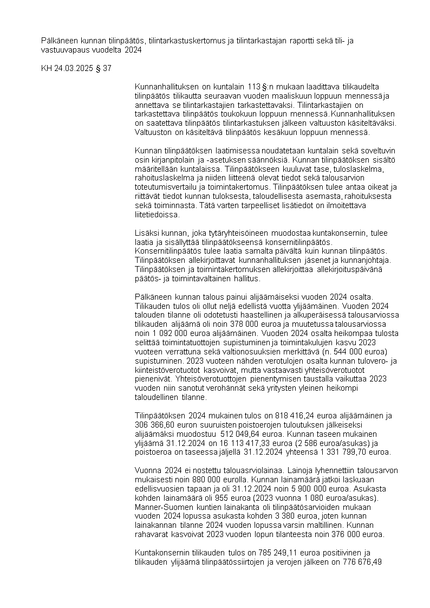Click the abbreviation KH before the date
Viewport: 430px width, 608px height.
(47, 69)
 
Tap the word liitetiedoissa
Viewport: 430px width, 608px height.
(157, 215)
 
